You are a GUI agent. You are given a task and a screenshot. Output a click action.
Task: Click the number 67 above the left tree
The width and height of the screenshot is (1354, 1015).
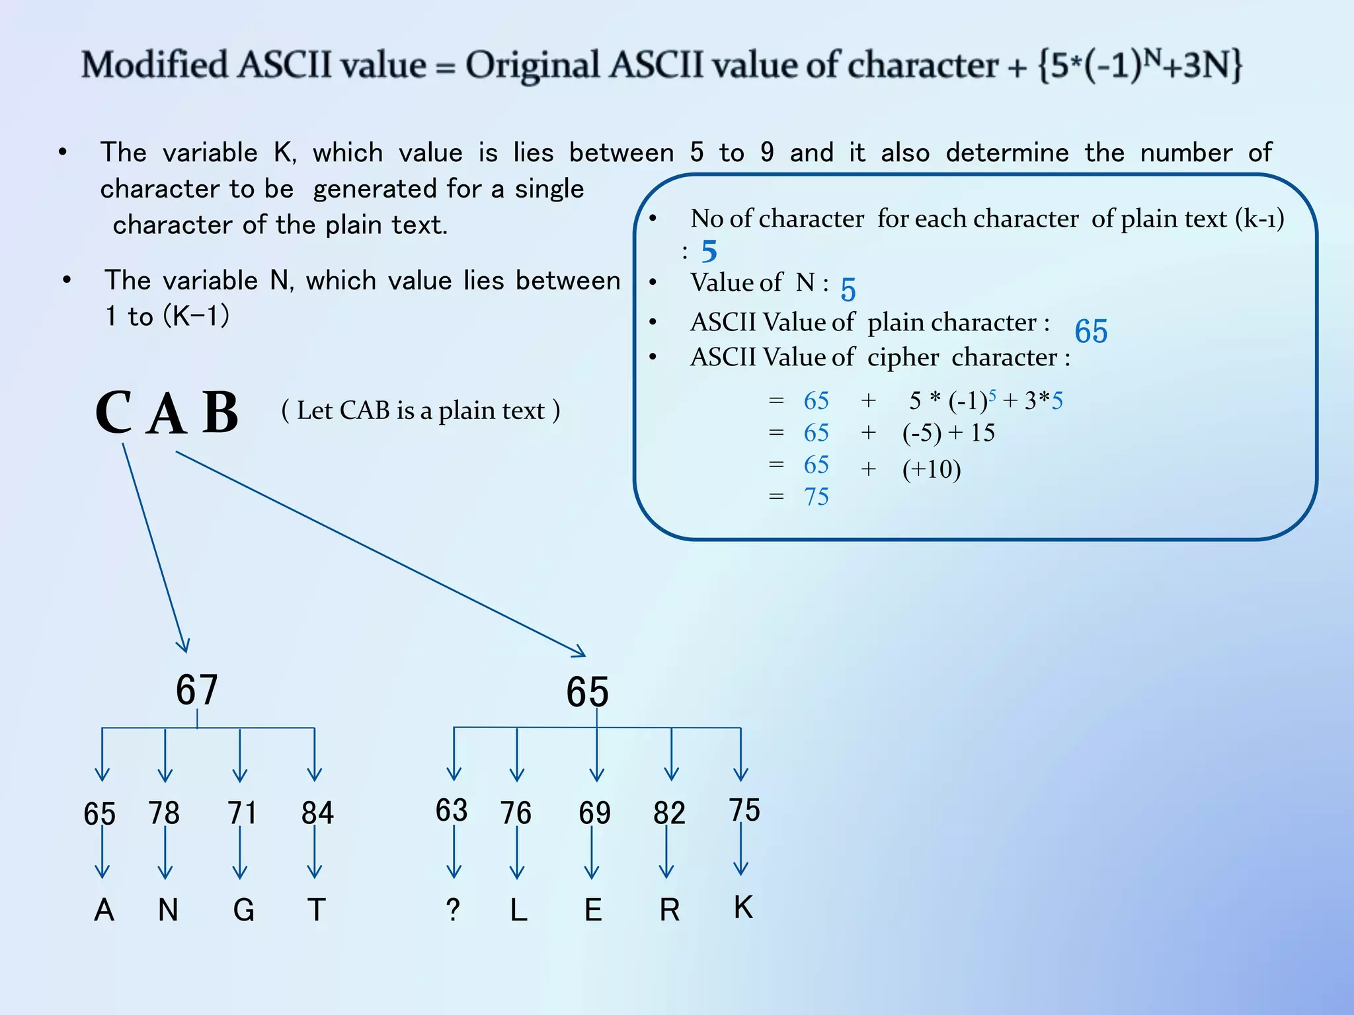point(196,690)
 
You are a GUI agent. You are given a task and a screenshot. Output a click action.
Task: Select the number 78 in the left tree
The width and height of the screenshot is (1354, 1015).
point(164,813)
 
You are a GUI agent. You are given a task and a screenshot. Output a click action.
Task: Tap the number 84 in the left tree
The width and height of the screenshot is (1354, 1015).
point(317,813)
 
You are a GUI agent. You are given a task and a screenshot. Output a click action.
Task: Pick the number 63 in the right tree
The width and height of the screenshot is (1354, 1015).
point(452,810)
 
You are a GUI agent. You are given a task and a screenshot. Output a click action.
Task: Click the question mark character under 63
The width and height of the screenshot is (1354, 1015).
point(453,911)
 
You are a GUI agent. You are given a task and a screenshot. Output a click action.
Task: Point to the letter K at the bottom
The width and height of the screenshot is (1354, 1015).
point(743,907)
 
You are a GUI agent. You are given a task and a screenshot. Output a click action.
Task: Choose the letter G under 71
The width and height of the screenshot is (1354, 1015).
point(243,911)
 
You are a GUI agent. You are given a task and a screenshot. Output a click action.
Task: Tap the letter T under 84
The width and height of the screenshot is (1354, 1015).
point(317,911)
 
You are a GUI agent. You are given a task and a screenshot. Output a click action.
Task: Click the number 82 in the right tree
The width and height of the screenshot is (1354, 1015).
point(669,813)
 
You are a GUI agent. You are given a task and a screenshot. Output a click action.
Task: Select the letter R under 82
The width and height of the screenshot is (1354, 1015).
point(669,911)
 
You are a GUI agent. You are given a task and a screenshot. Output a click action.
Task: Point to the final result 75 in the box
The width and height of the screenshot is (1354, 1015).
point(816,497)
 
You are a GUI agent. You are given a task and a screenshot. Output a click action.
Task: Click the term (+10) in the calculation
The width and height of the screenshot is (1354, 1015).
point(932,469)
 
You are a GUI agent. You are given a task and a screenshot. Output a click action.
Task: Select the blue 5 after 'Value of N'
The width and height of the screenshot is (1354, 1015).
point(848,289)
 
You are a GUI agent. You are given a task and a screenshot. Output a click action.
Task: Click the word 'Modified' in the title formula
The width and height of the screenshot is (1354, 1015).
point(155,65)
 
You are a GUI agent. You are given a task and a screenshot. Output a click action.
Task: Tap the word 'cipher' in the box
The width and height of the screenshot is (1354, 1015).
point(903,357)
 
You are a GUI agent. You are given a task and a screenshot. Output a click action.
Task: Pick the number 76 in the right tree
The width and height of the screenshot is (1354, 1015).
point(516,813)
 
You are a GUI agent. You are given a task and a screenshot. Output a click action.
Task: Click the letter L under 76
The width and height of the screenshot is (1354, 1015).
point(519,911)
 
